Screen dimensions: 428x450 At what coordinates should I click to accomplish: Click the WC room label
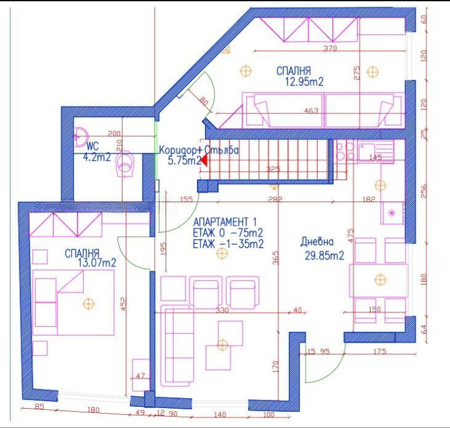point(93,146)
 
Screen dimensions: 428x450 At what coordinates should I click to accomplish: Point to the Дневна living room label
point(317,242)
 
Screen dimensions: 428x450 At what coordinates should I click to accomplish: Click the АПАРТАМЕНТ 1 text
point(225,221)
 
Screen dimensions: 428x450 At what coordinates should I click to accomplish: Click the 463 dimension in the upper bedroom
point(311,111)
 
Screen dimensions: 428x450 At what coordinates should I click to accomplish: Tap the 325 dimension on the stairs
point(272,169)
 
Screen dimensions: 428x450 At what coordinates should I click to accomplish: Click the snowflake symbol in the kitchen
point(392,213)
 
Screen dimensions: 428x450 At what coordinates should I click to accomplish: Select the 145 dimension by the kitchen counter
point(376,157)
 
